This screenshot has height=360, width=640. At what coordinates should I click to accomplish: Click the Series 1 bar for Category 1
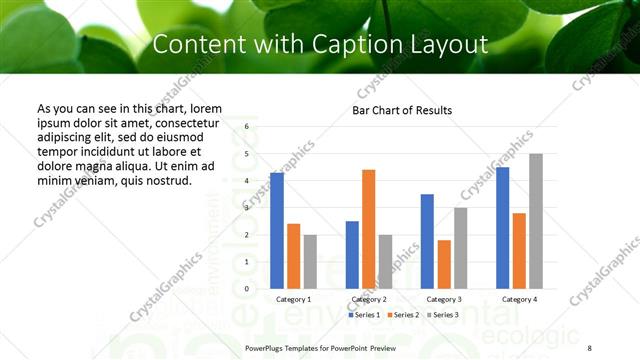click(277, 231)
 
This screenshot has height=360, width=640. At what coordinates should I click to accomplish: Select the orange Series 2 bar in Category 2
click(368, 229)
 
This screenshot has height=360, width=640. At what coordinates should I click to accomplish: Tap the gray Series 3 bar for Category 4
click(535, 221)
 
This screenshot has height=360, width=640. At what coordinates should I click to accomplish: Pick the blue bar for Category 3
click(427, 241)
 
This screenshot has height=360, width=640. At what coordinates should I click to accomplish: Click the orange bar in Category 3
click(444, 264)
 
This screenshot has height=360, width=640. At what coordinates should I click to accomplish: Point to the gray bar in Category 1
click(310, 262)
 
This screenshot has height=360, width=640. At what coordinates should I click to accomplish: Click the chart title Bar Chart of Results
click(402, 110)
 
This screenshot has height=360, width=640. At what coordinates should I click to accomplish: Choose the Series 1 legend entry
click(365, 315)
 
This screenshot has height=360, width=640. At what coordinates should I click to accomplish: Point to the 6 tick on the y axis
click(246, 128)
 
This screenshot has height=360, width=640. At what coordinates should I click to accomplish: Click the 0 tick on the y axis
click(246, 289)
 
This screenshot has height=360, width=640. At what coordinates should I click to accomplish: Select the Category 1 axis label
click(293, 299)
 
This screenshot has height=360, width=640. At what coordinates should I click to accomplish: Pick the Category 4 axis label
click(519, 299)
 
